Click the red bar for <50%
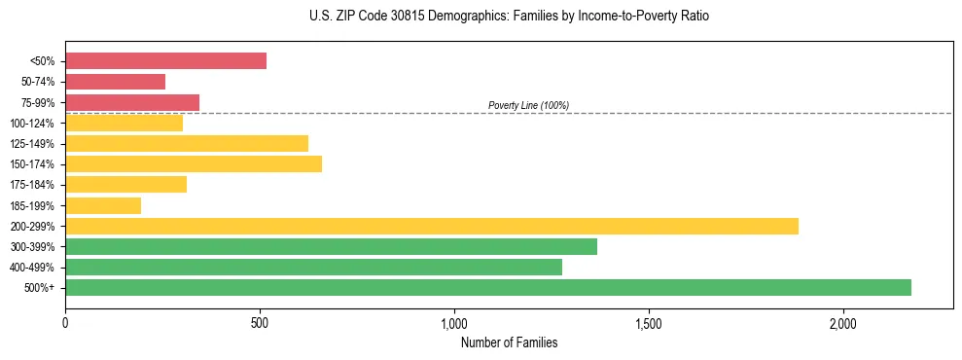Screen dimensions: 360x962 tap(165, 61)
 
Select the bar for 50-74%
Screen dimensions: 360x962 tap(115, 82)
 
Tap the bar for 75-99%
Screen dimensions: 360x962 tap(132, 102)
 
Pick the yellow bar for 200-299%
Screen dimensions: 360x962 tap(432, 226)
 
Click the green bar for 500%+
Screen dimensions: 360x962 tap(488, 287)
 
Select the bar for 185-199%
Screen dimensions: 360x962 tap(103, 205)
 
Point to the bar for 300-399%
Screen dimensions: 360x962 tap(331, 246)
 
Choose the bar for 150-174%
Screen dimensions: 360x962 tap(194, 163)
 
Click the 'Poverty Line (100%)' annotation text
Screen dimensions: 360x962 tap(528, 105)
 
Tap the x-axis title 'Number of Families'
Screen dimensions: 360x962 tap(509, 342)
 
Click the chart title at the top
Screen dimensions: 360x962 tap(509, 17)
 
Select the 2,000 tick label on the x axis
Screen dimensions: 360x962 tap(843, 323)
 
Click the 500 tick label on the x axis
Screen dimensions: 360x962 tap(260, 323)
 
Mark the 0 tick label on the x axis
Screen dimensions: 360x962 tap(65, 323)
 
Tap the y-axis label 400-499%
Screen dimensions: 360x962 tap(37, 268)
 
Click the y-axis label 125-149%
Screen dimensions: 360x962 tap(37, 144)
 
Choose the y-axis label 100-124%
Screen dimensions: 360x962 tap(37, 124)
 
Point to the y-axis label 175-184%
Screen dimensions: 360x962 tap(37, 185)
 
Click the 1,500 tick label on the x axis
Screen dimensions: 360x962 tap(649, 323)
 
